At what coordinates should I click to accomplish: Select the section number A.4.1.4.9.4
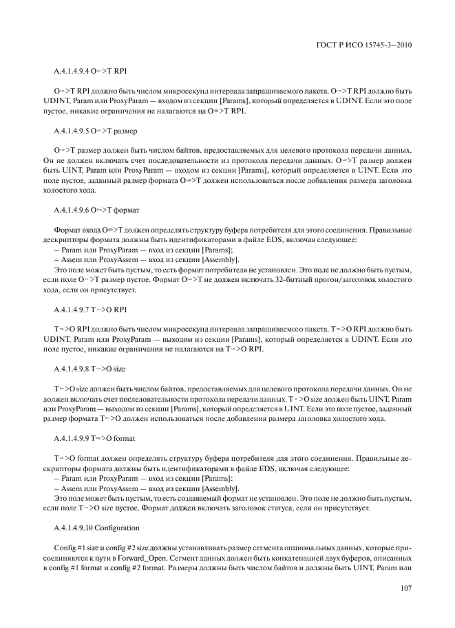(x=72, y=72)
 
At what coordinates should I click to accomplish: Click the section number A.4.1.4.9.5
(x=72, y=130)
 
